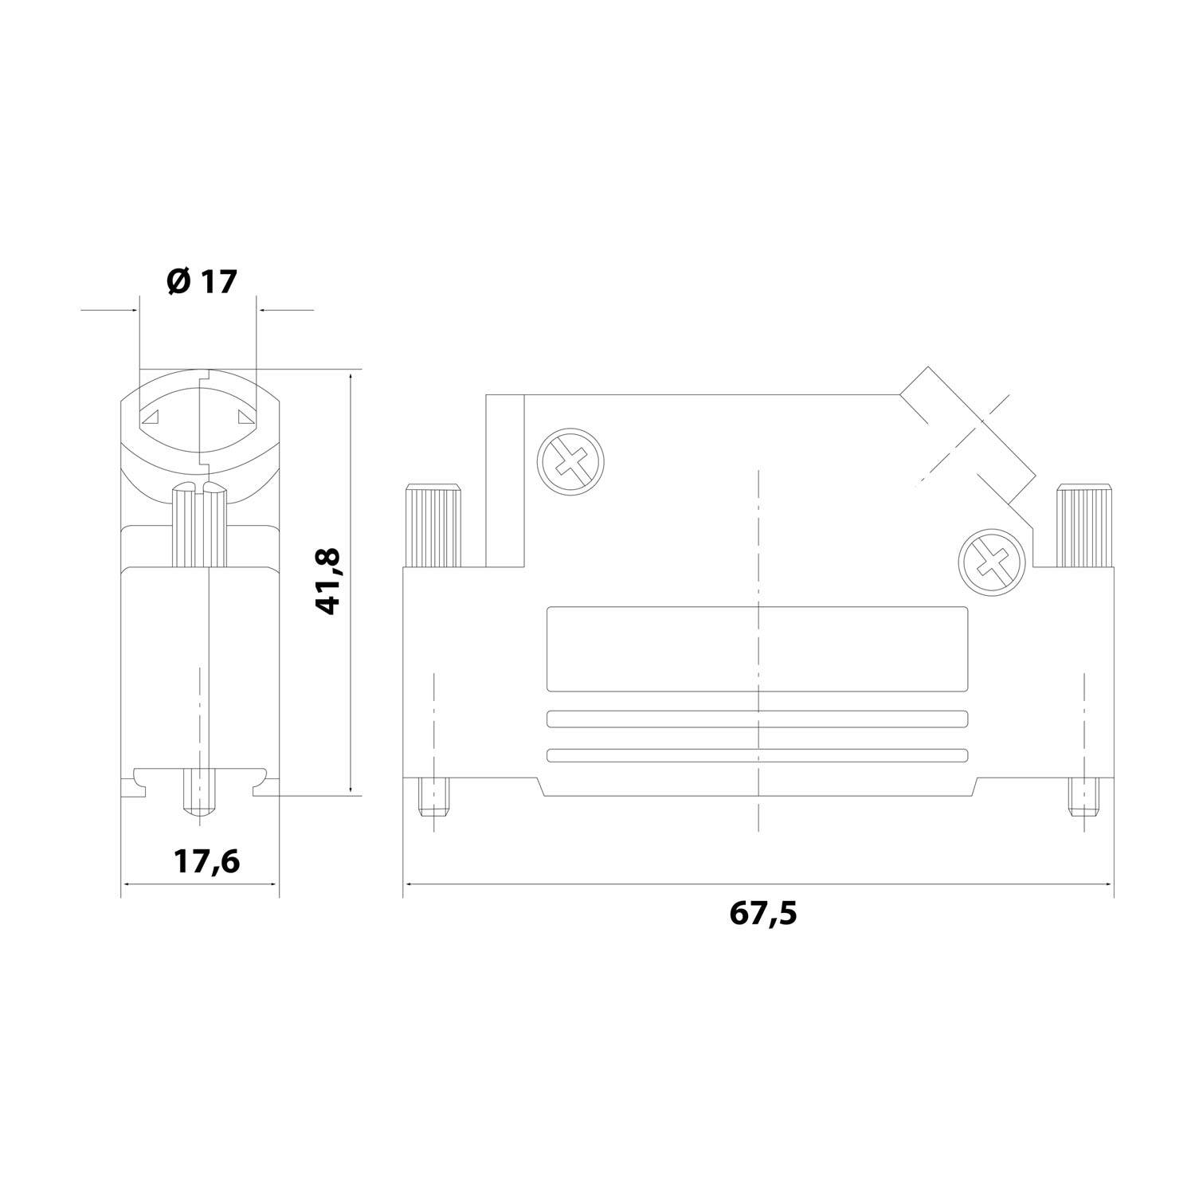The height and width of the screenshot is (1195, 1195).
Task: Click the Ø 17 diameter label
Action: [x=202, y=282]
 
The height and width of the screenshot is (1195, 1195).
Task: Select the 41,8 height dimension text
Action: [x=329, y=580]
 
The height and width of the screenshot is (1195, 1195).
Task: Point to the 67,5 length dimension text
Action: [x=762, y=913]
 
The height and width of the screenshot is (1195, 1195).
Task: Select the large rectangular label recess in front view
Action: [x=758, y=648]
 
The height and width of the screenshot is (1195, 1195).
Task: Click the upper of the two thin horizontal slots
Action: [x=758, y=719]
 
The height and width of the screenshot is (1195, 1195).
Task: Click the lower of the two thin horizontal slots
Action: [x=758, y=755]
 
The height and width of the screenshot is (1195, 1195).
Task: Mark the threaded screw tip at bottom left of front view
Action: [x=433, y=797]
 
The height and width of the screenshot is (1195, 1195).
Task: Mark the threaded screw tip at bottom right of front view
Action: [x=1083, y=797]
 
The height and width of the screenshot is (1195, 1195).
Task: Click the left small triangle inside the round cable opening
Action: [x=152, y=416]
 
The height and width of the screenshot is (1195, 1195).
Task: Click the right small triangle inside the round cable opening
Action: [x=245, y=416]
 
